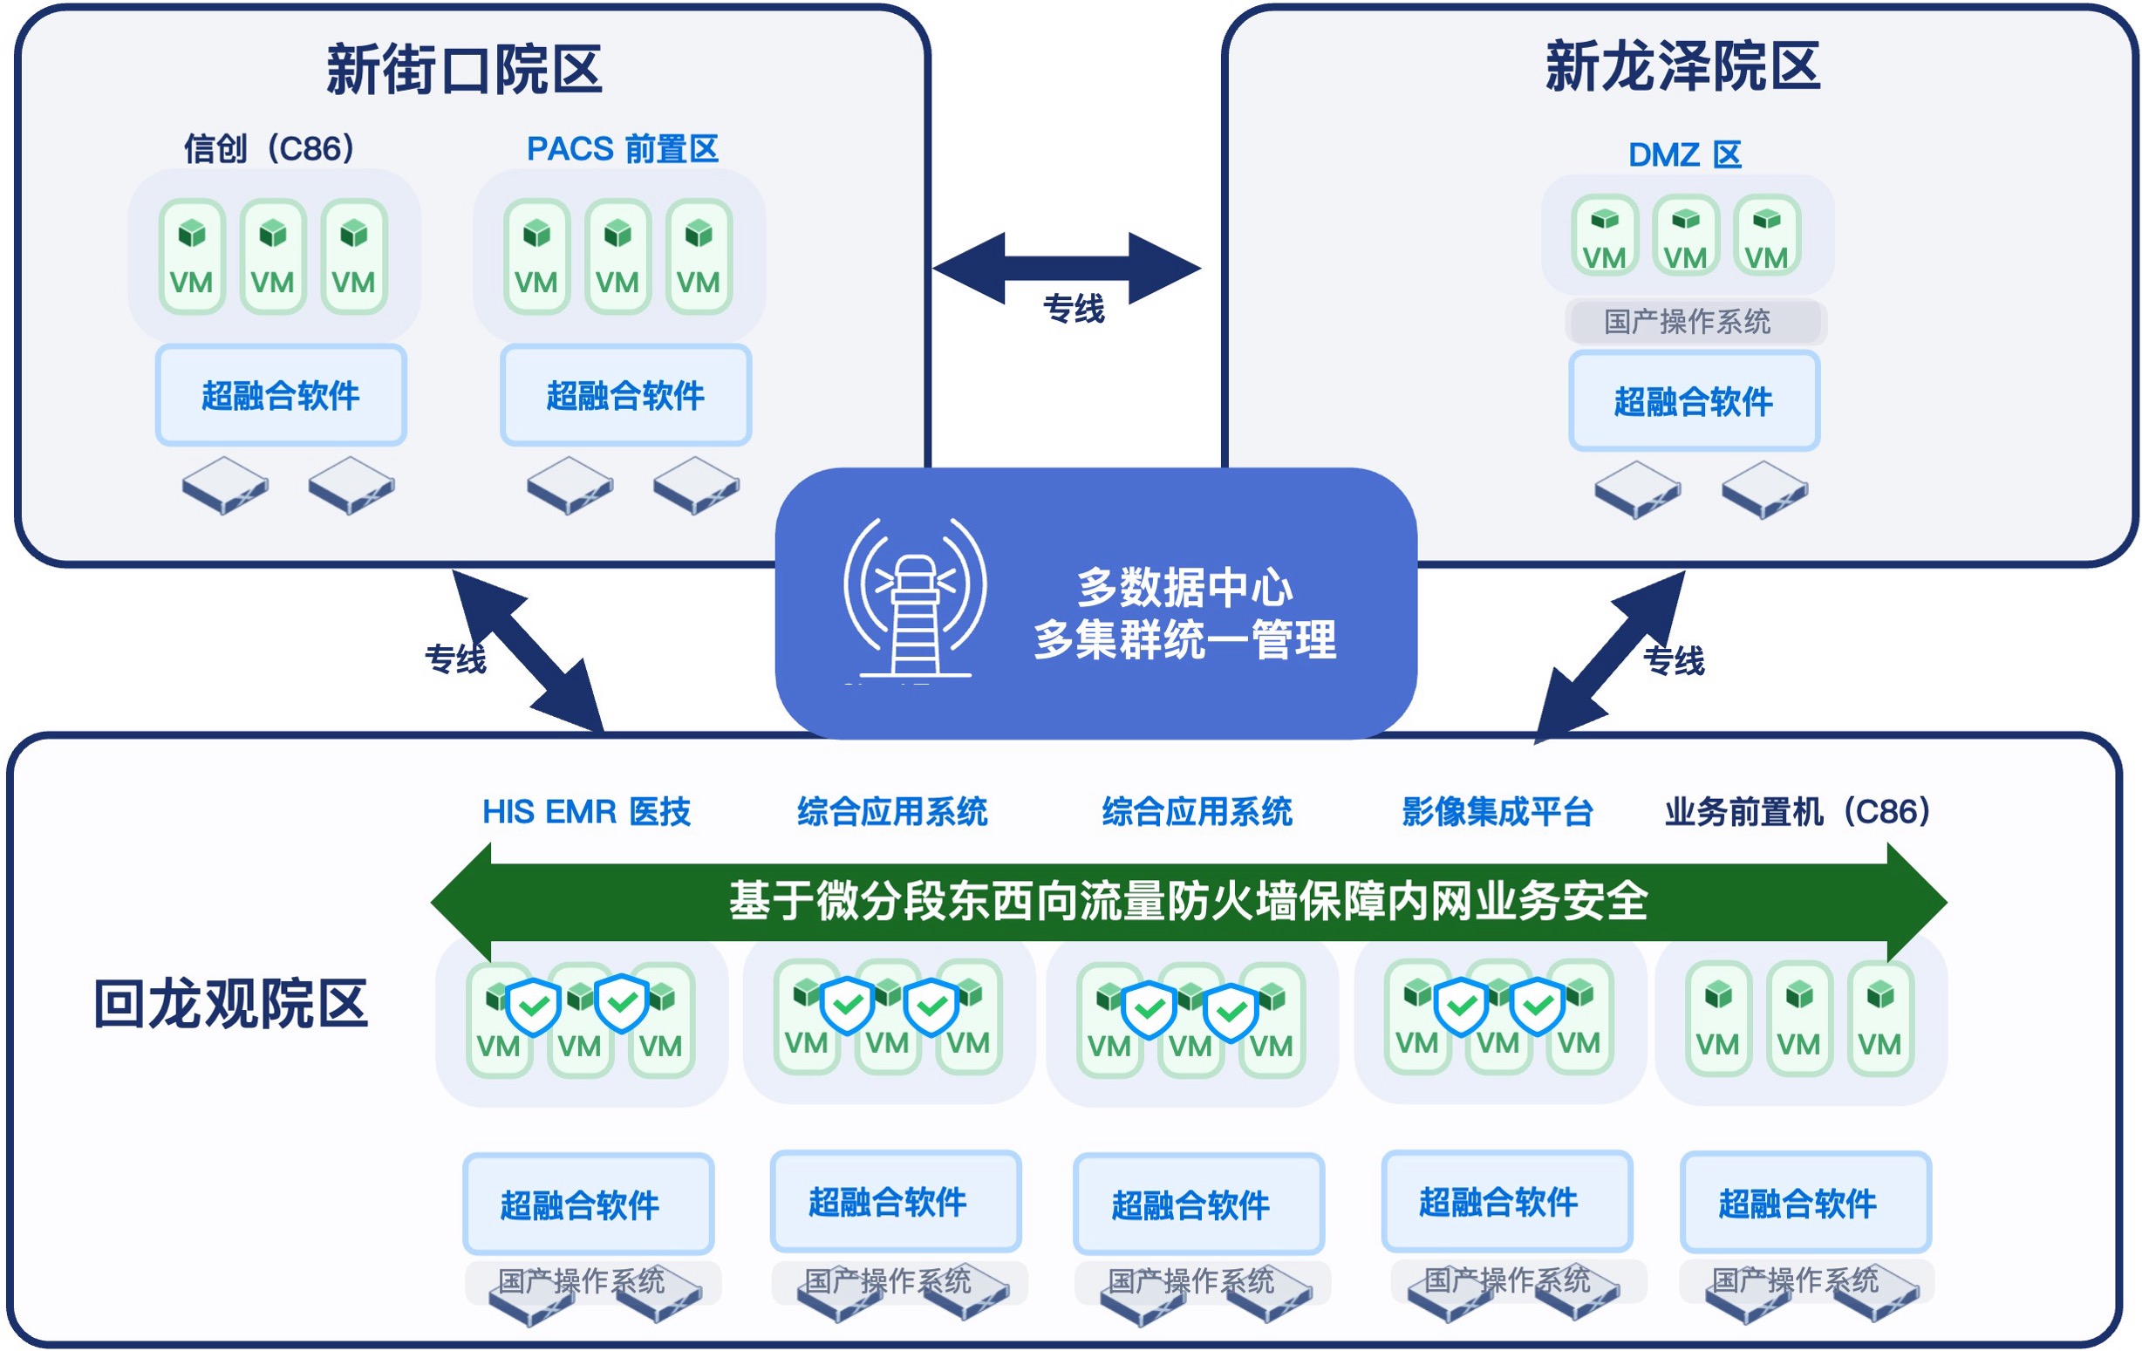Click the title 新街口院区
(463, 70)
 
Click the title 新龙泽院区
(1682, 66)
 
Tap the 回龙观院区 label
(230, 1004)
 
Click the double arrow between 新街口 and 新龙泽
(1067, 267)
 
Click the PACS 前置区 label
(622, 148)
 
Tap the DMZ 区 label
(1684, 154)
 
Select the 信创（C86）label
(269, 148)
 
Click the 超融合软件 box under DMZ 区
(1694, 401)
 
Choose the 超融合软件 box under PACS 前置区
(625, 396)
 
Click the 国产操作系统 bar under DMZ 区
(1688, 322)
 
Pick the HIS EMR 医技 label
(586, 812)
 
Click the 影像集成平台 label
(1497, 812)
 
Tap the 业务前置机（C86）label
(1797, 812)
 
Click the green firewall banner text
(1189, 901)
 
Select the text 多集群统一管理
(1185, 639)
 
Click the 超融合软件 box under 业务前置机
(1798, 1204)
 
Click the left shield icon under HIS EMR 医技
(533, 1006)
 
